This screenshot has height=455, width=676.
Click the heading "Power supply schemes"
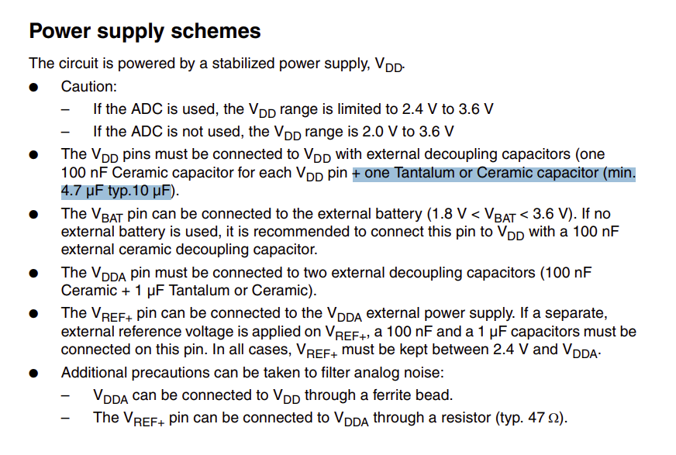tap(145, 32)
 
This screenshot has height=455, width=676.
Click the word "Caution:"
tap(88, 87)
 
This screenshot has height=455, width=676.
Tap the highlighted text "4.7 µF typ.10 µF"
tap(116, 191)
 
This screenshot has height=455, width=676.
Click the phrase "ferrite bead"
tap(416, 396)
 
